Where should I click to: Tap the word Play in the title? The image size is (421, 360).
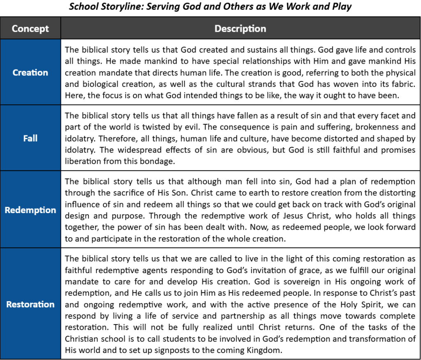tap(342, 7)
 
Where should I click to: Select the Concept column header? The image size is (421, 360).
tap(30, 29)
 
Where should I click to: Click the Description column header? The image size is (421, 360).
tap(240, 29)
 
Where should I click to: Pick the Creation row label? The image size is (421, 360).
tap(30, 72)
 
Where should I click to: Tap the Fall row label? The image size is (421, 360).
tap(30, 138)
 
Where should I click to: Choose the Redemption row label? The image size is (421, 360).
tap(30, 210)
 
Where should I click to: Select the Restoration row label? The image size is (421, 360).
tap(30, 304)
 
